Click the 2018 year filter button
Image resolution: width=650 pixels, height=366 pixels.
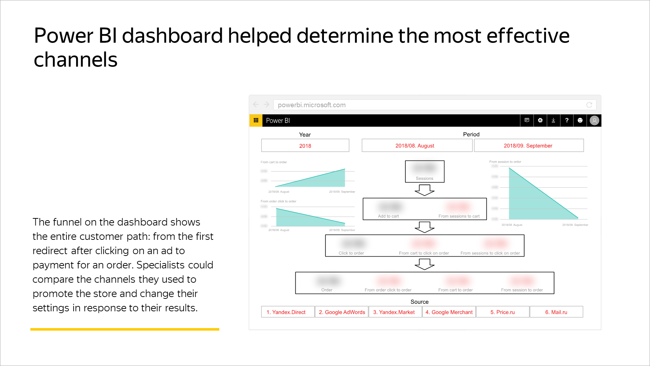(x=305, y=146)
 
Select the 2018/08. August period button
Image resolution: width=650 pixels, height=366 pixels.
(x=415, y=146)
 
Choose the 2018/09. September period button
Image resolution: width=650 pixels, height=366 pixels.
(x=528, y=146)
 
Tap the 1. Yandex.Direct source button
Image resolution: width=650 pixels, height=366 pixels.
(x=286, y=312)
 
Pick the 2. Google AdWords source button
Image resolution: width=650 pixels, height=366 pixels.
(x=342, y=312)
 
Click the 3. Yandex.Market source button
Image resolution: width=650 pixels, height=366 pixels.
(x=394, y=312)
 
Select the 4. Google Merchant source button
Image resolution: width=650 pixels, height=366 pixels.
(x=449, y=312)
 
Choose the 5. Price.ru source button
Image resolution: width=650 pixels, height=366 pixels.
(x=502, y=312)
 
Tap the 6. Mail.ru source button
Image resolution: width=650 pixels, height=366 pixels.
(x=556, y=312)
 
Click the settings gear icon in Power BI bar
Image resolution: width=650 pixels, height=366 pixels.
(x=540, y=120)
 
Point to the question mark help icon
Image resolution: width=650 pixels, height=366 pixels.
(x=567, y=120)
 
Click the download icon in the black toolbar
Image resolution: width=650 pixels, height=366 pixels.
(x=554, y=120)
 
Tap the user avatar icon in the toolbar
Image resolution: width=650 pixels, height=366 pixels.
(x=594, y=120)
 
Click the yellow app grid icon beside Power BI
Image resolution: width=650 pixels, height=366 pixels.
(x=256, y=120)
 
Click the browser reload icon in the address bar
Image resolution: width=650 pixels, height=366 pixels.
(x=589, y=105)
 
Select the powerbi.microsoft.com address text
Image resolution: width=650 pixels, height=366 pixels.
(x=311, y=105)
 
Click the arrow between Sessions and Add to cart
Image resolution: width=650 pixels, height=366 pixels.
(x=424, y=190)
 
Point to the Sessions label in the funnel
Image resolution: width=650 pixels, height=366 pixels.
(x=424, y=178)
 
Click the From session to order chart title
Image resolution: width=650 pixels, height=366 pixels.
(x=505, y=162)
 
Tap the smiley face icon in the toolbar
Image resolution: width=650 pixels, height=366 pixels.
(x=580, y=120)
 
